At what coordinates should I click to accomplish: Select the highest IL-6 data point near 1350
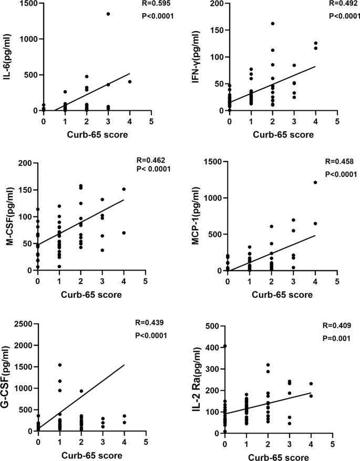click(x=108, y=14)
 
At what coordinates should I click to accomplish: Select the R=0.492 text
click(x=343, y=3)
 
